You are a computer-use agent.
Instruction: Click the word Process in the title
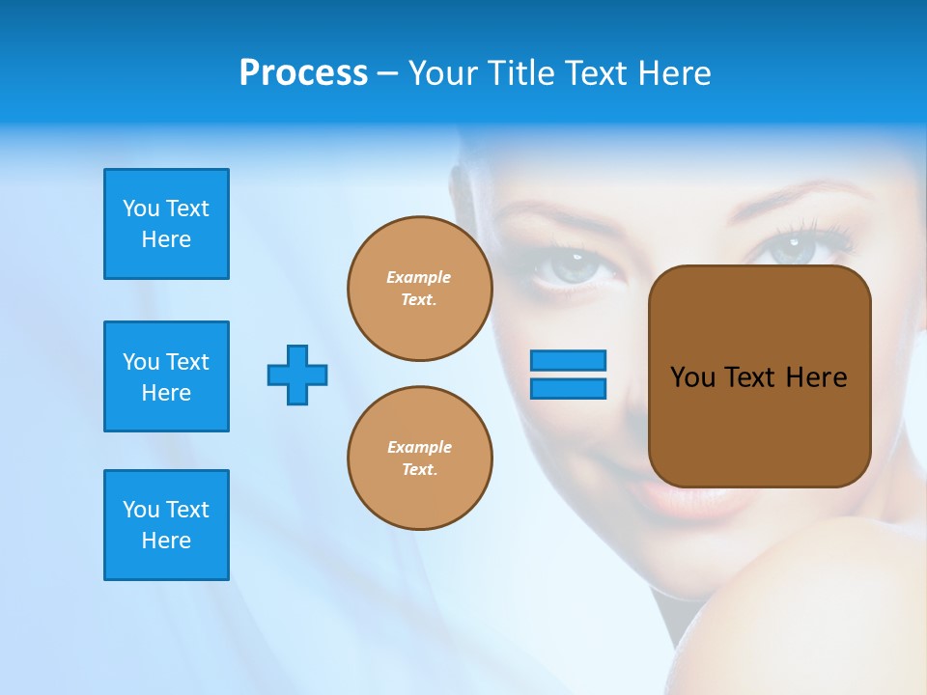(303, 73)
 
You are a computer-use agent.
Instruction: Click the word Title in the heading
(519, 73)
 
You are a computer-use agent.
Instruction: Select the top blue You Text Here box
(166, 224)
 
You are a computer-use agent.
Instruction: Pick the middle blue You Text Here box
(166, 376)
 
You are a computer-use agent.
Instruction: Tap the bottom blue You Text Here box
(166, 525)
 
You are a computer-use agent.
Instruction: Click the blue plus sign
(297, 375)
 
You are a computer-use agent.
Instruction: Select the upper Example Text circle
(420, 289)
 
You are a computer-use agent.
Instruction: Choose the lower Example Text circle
(420, 459)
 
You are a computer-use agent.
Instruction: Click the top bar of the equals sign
(569, 360)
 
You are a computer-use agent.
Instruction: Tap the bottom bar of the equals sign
(569, 388)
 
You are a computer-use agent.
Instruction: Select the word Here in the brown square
(816, 377)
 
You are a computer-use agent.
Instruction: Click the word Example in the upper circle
(418, 277)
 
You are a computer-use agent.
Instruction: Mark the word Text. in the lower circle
(419, 469)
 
